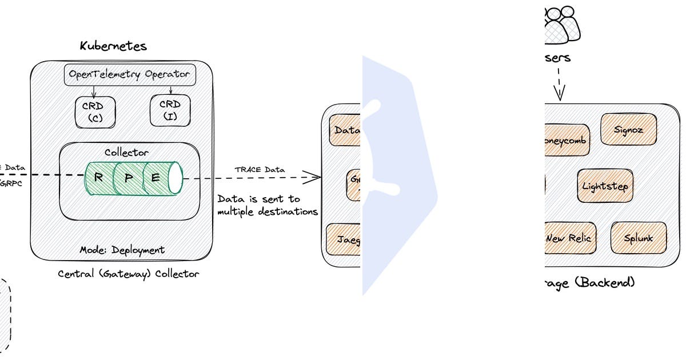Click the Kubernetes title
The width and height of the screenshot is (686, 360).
[113, 46]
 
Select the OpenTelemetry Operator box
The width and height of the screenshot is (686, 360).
[129, 74]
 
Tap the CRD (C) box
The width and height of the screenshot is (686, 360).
[94, 111]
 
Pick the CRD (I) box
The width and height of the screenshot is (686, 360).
[170, 110]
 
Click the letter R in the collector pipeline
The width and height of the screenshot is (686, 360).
[99, 178]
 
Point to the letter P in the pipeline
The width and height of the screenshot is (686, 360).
[129, 178]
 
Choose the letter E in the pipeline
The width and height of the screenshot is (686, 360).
[155, 178]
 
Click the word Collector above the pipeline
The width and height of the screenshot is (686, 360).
[126, 153]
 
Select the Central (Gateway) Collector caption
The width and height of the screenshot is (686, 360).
[129, 274]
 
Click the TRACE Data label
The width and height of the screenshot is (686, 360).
[260, 170]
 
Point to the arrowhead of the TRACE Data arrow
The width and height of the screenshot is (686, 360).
[315, 178]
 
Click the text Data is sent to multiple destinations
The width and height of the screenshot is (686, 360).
[267, 206]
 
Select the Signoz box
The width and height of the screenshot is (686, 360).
[628, 130]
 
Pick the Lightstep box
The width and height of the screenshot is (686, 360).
[605, 186]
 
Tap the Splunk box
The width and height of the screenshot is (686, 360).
[639, 238]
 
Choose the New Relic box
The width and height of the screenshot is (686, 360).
[568, 238]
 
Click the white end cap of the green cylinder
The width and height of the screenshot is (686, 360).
[175, 178]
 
